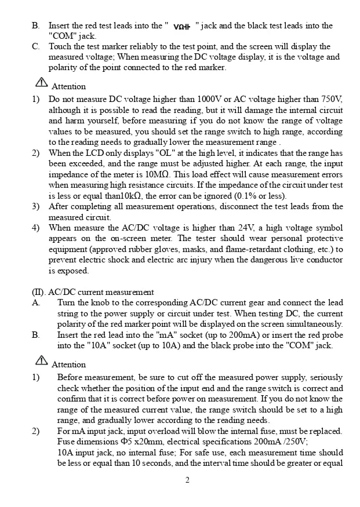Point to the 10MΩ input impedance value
158,175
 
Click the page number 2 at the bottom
187,480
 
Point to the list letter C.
35,46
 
